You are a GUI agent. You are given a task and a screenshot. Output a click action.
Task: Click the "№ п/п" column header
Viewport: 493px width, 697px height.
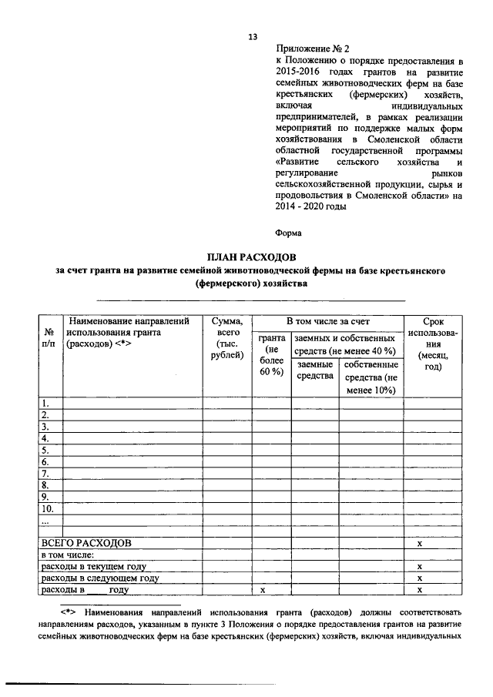click(50, 337)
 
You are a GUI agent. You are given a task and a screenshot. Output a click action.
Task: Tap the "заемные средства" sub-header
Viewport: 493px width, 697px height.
click(314, 370)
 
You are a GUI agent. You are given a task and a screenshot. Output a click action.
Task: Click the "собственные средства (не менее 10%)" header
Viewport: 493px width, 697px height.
click(371, 377)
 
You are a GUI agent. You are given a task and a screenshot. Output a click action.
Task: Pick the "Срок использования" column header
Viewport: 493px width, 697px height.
click(433, 344)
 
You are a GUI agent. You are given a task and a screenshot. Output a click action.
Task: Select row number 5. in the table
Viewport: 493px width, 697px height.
click(46, 450)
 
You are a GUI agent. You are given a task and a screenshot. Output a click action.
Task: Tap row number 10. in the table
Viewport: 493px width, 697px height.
click(48, 509)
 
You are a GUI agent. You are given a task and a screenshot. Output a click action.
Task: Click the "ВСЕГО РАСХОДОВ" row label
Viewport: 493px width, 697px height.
click(86, 543)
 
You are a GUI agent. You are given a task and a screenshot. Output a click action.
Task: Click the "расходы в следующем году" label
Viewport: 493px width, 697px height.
click(100, 578)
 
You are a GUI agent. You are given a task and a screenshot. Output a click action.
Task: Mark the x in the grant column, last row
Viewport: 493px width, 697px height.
click(263, 590)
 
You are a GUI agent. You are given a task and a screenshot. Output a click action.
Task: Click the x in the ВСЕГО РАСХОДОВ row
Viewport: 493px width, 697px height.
click(420, 543)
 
